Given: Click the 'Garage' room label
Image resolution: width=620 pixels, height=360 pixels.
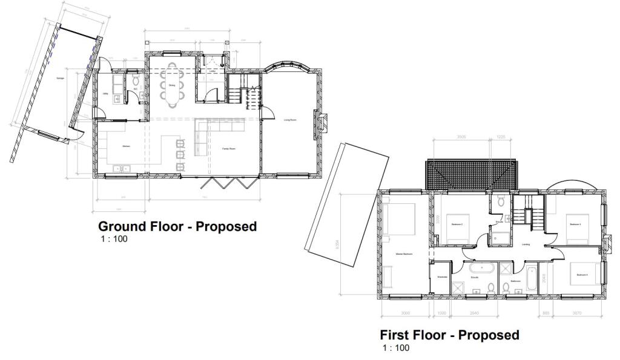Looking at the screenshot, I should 61,79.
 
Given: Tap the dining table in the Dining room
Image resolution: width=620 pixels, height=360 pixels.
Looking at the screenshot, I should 172,85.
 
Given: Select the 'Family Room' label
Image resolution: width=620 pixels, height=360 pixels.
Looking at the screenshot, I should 228,148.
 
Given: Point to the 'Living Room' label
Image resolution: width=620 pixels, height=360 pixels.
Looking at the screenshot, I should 290,120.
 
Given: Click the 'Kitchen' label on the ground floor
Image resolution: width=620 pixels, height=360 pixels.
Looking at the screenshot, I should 127,146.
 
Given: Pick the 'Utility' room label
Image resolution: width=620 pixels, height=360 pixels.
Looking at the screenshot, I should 105,94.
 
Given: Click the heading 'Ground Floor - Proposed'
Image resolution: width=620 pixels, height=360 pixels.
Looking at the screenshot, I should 177,227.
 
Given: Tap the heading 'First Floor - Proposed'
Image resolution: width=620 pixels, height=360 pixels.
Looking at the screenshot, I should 449,335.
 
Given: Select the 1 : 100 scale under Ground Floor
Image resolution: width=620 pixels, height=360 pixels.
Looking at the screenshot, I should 114,239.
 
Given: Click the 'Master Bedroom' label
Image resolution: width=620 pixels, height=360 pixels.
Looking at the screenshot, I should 404,254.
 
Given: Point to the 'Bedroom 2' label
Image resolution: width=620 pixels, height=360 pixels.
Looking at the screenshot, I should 457,224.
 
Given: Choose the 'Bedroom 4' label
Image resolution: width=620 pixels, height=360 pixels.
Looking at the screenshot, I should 582,275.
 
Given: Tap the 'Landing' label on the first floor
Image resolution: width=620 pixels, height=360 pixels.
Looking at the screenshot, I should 526,244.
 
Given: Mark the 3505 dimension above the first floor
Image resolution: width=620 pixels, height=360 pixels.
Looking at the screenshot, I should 462,137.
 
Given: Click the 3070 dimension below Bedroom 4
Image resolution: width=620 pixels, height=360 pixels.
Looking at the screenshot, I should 580,313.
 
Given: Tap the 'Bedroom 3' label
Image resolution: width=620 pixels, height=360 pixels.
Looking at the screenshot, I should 575,224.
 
